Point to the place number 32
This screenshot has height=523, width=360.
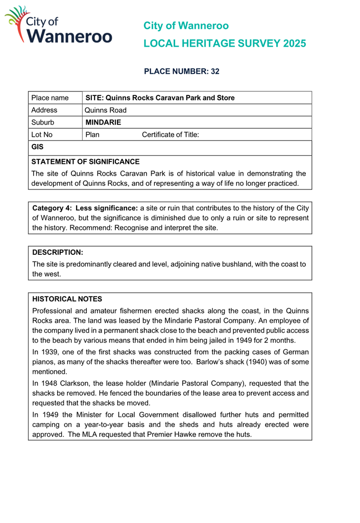[x=215, y=72]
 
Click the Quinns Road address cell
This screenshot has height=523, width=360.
[x=106, y=110]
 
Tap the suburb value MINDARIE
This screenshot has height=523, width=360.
[x=103, y=123]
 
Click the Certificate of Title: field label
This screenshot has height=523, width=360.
[x=170, y=135]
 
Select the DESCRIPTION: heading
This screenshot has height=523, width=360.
[x=57, y=252]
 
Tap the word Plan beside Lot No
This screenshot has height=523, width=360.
[x=92, y=135]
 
